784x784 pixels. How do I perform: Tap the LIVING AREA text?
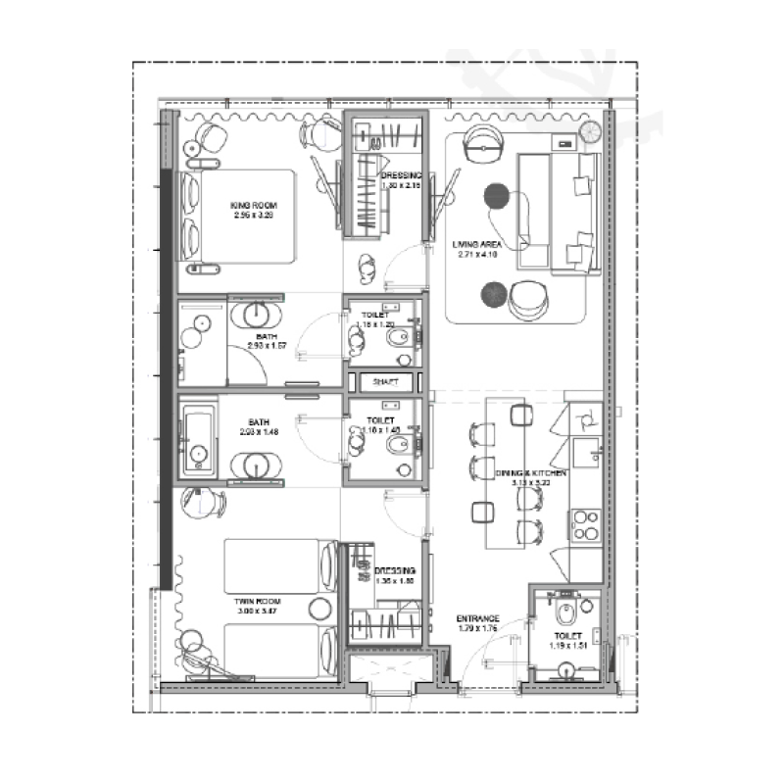click(478, 243)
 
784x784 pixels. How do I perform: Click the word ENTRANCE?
click(479, 618)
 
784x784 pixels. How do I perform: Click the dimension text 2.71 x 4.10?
click(478, 254)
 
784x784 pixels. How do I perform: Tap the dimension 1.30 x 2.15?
click(401, 185)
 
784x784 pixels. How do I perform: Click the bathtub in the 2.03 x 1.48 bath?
click(197, 438)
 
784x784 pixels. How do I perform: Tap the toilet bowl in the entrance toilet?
click(565, 614)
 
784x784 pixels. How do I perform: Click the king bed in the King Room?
click(240, 217)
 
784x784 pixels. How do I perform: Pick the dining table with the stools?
click(506, 472)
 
